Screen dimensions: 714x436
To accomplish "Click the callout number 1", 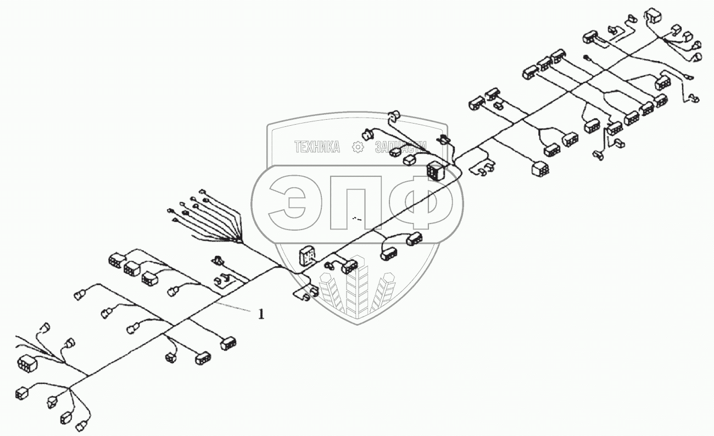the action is [x=261, y=314].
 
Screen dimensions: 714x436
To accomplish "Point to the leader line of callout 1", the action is [x=236, y=308].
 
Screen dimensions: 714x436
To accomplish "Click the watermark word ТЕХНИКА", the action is [x=317, y=147].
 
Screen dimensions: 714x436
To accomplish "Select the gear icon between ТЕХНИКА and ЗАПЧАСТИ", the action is [x=358, y=147].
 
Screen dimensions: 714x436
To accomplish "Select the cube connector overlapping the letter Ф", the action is [x=435, y=172].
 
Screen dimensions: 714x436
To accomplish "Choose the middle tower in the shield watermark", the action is [x=357, y=288].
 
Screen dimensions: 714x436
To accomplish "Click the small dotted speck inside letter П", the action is [x=358, y=219].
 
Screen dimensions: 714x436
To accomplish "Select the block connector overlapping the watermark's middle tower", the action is [x=349, y=267].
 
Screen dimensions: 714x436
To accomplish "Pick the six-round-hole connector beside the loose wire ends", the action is [x=27, y=363].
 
